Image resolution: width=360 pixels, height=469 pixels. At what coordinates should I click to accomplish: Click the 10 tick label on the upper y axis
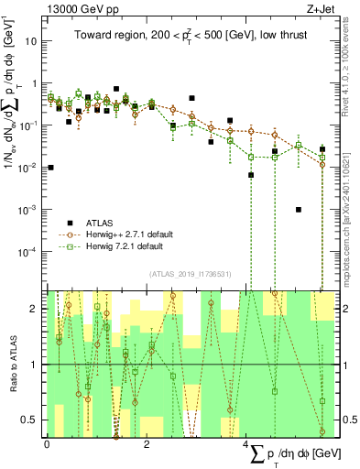(x=31, y=41)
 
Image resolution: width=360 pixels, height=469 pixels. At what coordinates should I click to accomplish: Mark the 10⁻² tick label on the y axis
(x=29, y=167)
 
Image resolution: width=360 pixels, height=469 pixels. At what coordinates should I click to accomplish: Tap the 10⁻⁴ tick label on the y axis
(x=29, y=251)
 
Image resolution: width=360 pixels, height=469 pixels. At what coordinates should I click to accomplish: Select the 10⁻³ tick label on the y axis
(x=29, y=209)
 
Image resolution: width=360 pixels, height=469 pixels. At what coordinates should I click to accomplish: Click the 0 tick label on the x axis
(x=47, y=443)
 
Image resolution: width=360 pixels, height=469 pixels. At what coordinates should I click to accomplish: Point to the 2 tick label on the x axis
(x=147, y=443)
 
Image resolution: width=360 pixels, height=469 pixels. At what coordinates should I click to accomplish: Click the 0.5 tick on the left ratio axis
(x=29, y=420)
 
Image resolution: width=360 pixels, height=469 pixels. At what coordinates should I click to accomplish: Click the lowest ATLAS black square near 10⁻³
(x=299, y=209)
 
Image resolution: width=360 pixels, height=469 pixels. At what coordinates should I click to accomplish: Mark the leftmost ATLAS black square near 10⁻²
(x=50, y=168)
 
